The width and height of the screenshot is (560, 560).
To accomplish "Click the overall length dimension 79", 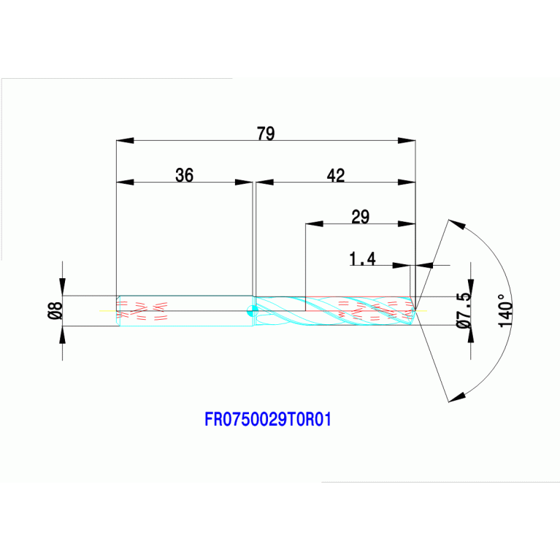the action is pyautogui.click(x=265, y=134).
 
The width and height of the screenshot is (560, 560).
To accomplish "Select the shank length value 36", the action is pyautogui.click(x=185, y=175).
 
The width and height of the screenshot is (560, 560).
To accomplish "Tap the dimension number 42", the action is pyautogui.click(x=335, y=175).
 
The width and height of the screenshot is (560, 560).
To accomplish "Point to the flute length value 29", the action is pyautogui.click(x=360, y=216).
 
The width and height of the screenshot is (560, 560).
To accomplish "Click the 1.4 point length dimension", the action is pyautogui.click(x=363, y=258).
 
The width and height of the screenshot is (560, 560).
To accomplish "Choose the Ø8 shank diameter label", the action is pyautogui.click(x=54, y=311).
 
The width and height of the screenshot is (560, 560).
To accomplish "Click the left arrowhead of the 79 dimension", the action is pyautogui.click(x=126, y=140).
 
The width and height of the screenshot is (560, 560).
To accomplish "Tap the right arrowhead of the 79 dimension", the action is pyautogui.click(x=406, y=140).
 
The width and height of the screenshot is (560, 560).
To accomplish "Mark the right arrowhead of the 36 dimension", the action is pyautogui.click(x=243, y=182).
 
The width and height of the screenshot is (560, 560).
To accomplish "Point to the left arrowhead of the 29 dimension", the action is pyautogui.click(x=314, y=223).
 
